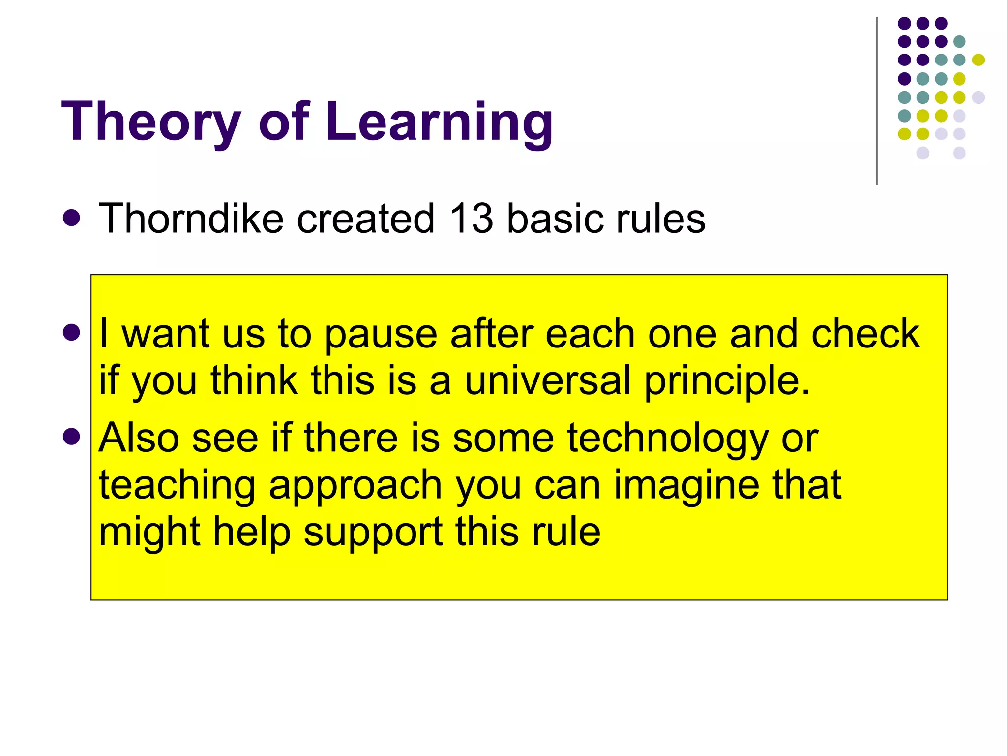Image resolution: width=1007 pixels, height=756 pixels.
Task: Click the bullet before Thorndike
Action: point(72,218)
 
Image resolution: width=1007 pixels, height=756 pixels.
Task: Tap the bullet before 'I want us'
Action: point(72,333)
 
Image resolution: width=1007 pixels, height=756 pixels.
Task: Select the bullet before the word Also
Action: point(72,437)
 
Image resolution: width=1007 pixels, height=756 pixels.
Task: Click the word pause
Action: point(381,335)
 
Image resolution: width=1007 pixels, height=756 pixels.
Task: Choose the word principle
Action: point(727,381)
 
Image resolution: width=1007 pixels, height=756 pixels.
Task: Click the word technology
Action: point(667,438)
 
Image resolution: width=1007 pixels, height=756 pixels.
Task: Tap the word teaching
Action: point(177,485)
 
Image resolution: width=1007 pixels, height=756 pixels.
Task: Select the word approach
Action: point(355,486)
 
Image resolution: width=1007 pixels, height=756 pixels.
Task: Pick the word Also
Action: point(139,438)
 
